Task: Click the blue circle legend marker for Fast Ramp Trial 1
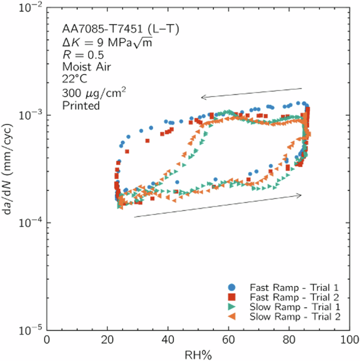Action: (232, 288)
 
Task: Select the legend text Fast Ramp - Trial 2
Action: (295, 297)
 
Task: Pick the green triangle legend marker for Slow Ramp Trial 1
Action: (232, 307)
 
